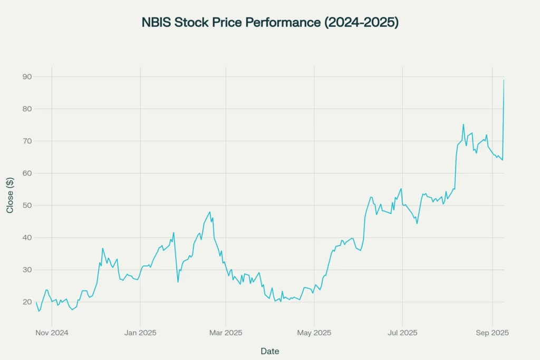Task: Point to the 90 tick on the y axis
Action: tap(27, 77)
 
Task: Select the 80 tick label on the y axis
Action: tap(27, 109)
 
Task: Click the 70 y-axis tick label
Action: tap(27, 141)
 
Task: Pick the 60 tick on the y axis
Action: tap(27, 173)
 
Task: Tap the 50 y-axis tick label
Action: tap(27, 206)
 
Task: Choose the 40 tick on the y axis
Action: tap(27, 238)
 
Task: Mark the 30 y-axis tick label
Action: tap(27, 270)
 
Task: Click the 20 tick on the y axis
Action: tap(27, 302)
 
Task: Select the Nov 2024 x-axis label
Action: tap(52, 333)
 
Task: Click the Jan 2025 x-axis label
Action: tap(140, 333)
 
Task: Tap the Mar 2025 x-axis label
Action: tap(226, 333)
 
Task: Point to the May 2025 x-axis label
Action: tap(314, 333)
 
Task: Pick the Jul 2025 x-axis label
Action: tap(402, 333)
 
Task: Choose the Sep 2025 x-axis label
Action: tap(492, 333)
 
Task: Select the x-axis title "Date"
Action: tap(270, 351)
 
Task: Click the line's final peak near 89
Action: tap(504, 81)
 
